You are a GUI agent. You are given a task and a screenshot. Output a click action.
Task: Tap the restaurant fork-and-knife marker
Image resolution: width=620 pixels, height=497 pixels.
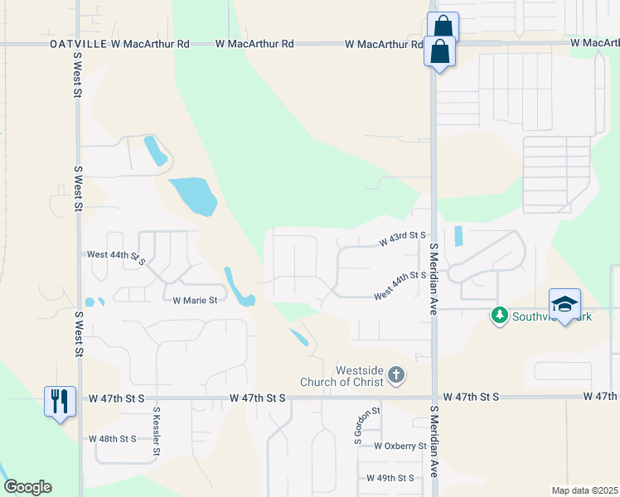60,401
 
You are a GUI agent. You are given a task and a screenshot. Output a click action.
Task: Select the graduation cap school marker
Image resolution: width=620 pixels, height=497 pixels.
564,304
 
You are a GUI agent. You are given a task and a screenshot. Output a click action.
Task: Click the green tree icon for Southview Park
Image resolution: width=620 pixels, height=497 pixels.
499,315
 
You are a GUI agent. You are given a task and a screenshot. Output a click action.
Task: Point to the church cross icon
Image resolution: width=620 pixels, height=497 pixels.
396,376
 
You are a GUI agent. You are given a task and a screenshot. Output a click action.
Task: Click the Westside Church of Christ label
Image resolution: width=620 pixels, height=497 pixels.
360,376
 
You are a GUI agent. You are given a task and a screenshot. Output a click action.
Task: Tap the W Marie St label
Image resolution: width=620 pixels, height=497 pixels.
194,301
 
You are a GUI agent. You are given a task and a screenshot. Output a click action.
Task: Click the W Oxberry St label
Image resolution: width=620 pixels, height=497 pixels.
400,446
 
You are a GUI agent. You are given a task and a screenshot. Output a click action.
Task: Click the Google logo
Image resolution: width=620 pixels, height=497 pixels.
27,487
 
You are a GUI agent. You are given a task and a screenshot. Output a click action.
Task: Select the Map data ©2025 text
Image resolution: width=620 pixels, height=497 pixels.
584,490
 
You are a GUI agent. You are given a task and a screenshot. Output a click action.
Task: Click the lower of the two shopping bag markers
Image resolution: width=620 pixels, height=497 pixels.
438,52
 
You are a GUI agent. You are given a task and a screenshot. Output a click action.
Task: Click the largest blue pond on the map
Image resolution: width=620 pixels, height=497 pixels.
193,195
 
